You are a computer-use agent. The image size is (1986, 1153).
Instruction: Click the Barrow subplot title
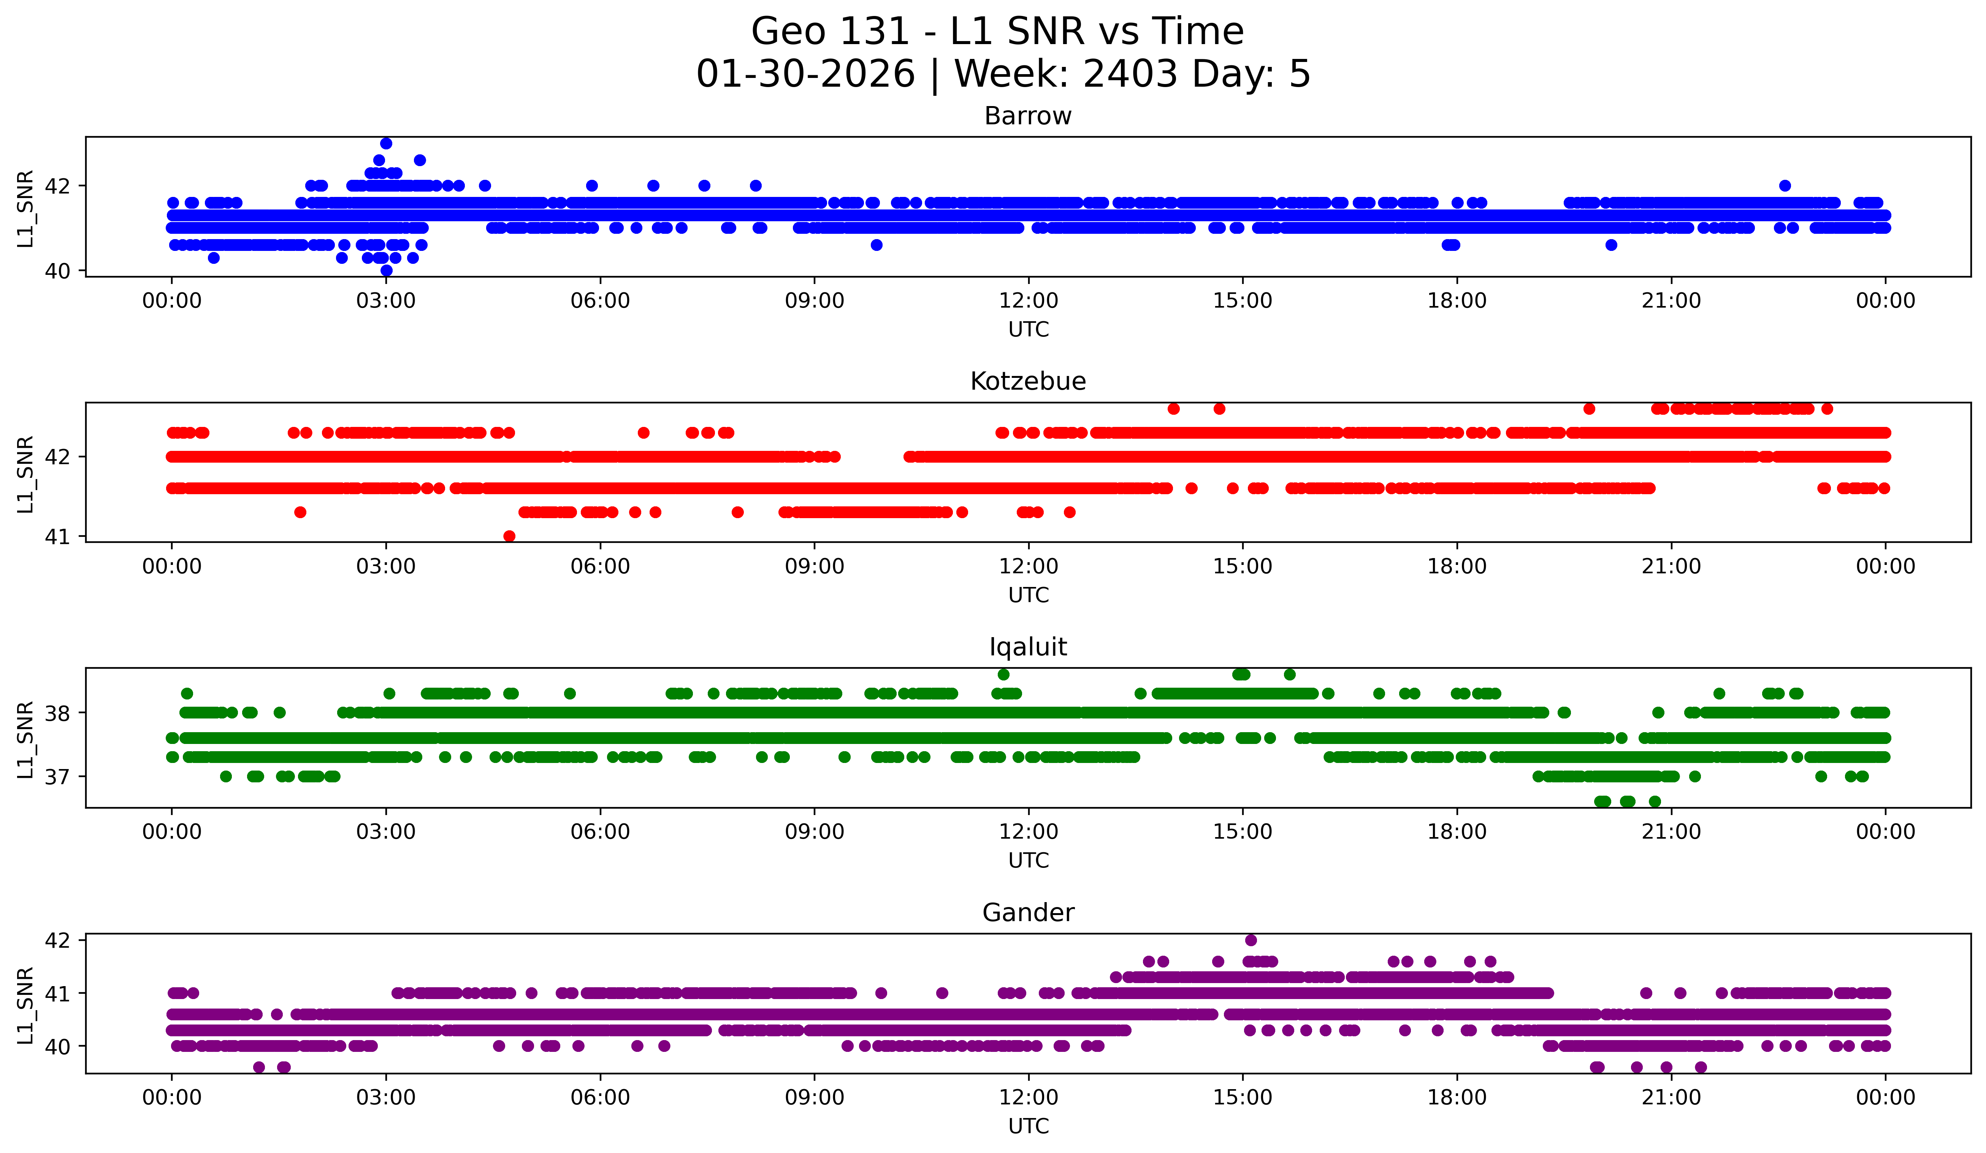tap(1028, 116)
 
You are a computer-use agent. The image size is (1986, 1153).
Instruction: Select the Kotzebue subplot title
tap(1028, 381)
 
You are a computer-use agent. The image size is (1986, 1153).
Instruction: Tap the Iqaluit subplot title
tap(1028, 647)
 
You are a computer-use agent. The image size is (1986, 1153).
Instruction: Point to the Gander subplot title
tap(1028, 913)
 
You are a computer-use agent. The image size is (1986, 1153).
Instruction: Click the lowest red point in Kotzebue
tap(509, 536)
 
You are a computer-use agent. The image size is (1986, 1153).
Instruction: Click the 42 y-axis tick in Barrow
tap(57, 186)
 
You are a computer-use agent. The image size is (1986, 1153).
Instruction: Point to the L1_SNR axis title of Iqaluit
tap(25, 739)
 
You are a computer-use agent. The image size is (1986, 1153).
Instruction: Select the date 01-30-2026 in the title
tap(805, 74)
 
